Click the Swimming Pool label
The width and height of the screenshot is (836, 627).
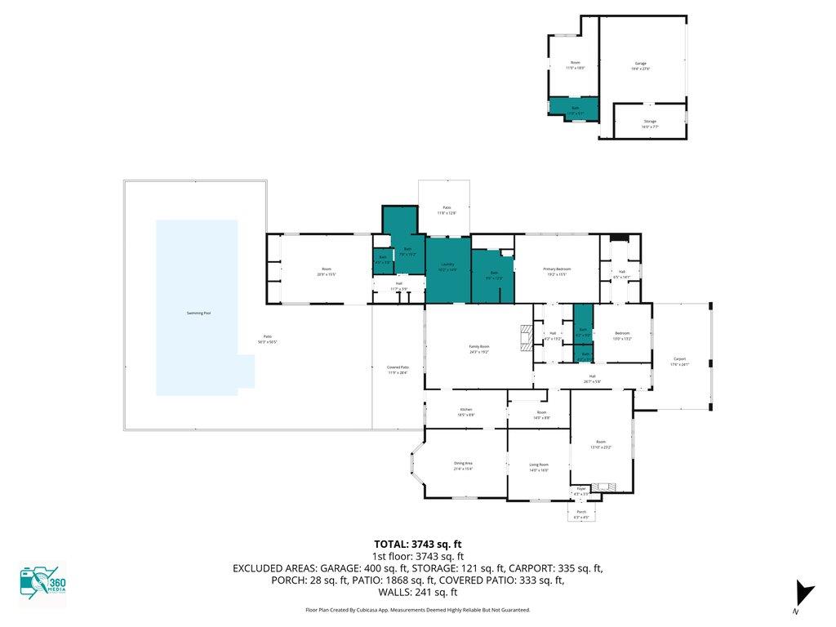197,313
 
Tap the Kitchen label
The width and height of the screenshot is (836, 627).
465,411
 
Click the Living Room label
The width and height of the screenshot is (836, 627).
538,465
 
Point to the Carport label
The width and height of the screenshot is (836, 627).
679,360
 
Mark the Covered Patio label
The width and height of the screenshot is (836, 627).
398,369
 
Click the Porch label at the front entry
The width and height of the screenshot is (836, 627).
581,513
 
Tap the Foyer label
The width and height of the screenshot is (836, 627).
581,490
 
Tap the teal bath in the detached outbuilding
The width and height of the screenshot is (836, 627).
574,109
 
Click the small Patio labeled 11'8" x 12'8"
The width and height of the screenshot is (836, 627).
447,210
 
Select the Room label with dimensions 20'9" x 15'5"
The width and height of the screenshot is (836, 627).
327,272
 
